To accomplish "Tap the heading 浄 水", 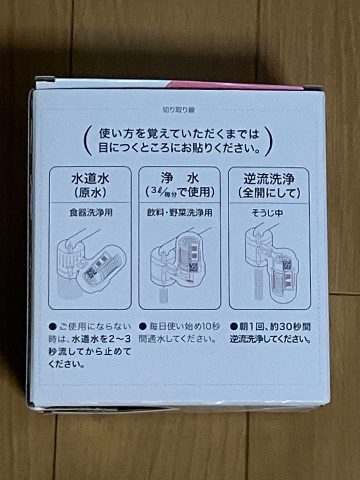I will pos(180,180).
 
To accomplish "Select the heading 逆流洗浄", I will pos(269,180).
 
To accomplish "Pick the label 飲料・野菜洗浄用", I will pos(180,212).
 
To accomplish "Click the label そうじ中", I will pos(269,212).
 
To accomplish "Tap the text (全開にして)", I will pos(269,193).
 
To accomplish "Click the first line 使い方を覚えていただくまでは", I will pos(177,133).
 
